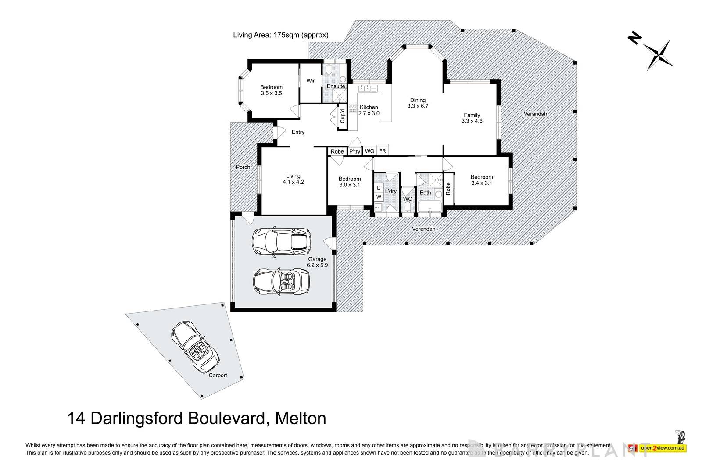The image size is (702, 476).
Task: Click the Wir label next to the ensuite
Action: click(x=311, y=81)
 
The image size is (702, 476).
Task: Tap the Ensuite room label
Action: click(x=336, y=86)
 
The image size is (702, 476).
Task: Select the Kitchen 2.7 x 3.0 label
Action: click(x=369, y=110)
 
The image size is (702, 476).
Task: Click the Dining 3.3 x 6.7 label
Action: click(x=418, y=103)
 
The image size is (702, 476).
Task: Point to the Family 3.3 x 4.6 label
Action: click(x=472, y=118)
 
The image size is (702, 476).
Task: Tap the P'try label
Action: click(x=355, y=152)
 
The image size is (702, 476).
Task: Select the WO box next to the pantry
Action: click(x=369, y=151)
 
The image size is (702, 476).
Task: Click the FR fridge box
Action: click(x=383, y=151)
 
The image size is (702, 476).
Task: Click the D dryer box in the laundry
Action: click(x=379, y=188)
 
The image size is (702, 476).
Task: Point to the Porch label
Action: click(x=243, y=167)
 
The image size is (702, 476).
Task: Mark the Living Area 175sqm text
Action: click(x=280, y=35)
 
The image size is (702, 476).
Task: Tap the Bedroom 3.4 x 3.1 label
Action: click(x=482, y=180)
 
